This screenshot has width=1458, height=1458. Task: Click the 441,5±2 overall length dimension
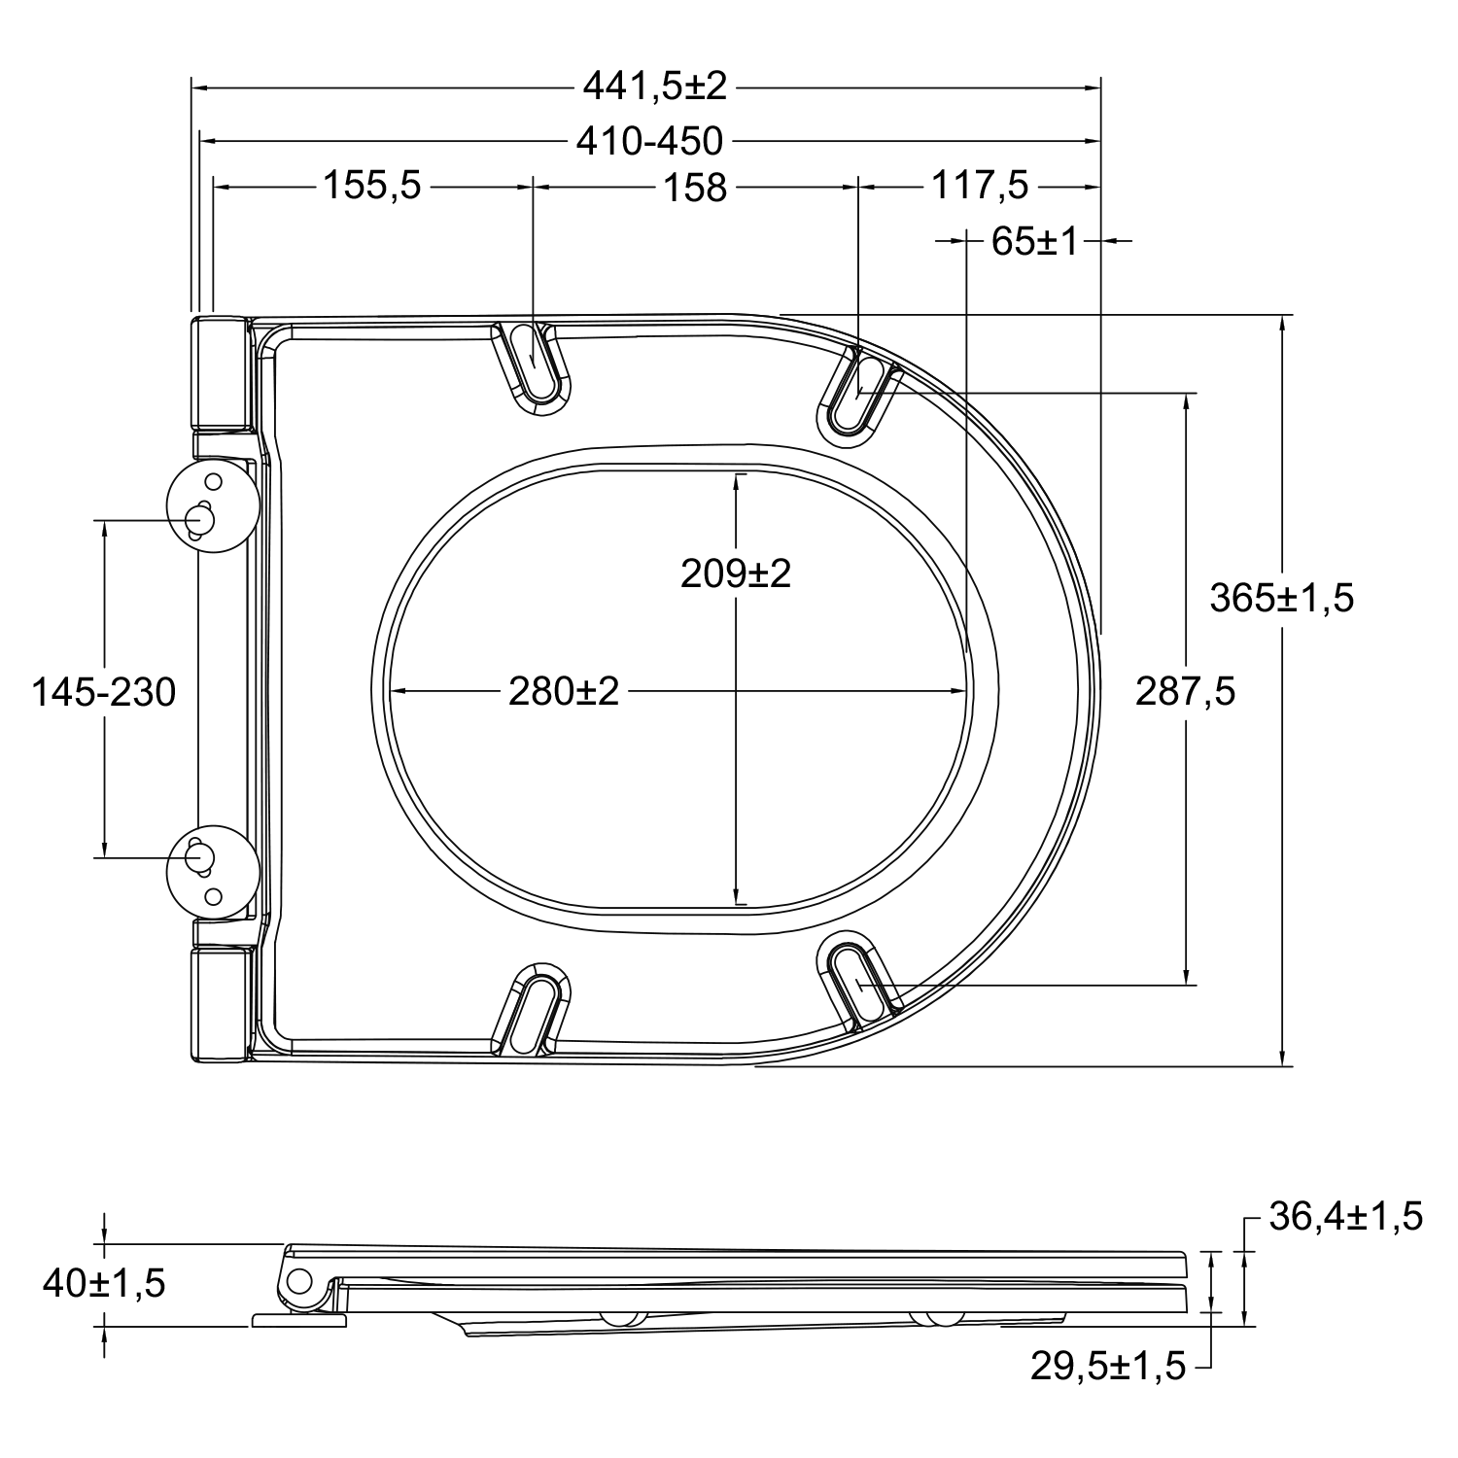654,87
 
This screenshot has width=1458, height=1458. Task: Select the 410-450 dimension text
650,142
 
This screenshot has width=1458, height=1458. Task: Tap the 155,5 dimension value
372,185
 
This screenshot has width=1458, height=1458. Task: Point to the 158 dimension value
695,187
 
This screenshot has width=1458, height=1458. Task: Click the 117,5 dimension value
980,185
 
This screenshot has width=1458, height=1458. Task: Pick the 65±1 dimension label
1035,241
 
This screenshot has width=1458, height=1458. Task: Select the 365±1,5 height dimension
1281,598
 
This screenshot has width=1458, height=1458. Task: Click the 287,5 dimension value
1186,692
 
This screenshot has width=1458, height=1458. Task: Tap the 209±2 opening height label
736,573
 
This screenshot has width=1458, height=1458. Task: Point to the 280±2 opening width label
564,692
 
